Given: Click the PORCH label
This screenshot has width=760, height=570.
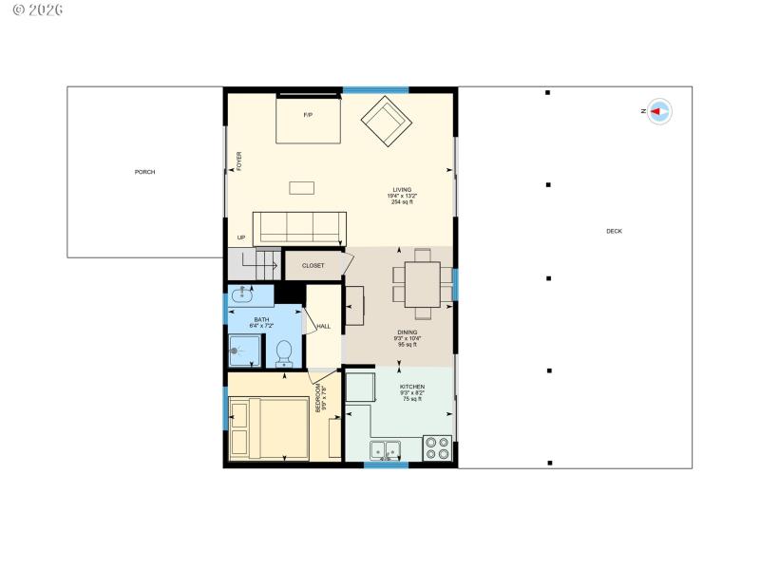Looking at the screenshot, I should click(x=144, y=172).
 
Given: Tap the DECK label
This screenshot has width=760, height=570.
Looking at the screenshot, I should click(x=614, y=231).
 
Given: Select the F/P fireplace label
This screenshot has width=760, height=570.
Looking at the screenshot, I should click(x=308, y=115).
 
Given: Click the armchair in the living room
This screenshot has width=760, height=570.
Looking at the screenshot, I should click(x=386, y=121).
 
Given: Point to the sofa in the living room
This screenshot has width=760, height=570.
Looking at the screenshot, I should click(x=299, y=228).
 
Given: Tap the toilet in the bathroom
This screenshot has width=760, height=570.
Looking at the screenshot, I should click(x=283, y=352).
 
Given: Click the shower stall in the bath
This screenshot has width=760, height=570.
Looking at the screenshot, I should click(x=246, y=351).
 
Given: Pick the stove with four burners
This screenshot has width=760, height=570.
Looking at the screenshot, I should click(x=437, y=447).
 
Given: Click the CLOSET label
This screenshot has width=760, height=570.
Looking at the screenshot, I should click(x=313, y=266).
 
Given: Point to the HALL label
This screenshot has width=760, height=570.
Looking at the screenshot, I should click(x=323, y=327).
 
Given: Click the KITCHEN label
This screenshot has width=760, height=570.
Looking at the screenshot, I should click(x=411, y=387).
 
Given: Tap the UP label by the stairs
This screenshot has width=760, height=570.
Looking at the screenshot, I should click(x=241, y=237).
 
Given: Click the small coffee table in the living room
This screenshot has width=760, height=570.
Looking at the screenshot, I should click(x=302, y=187).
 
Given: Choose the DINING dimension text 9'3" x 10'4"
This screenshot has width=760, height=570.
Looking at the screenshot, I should click(x=408, y=338).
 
